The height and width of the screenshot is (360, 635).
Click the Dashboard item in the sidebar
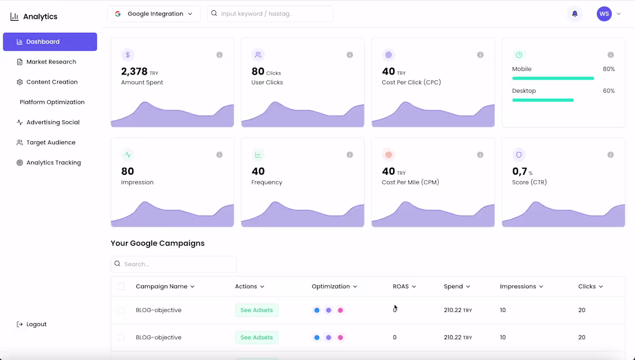[x=50, y=42]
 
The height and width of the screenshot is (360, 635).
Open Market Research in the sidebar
[x=51, y=62]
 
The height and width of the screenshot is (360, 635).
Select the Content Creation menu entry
[x=51, y=82]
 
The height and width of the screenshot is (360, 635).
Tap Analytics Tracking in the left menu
[x=53, y=163]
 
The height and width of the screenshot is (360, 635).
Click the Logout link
[x=36, y=324]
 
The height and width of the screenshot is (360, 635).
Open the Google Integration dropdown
[x=154, y=14]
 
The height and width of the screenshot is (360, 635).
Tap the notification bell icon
[x=574, y=14]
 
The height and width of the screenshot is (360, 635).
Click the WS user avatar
[x=604, y=14]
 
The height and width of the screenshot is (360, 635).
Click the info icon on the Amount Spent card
[x=219, y=55]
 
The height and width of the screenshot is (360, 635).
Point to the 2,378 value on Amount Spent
[x=134, y=72]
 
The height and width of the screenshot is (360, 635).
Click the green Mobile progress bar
[x=552, y=78]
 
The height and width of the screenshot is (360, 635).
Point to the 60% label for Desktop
[x=608, y=91]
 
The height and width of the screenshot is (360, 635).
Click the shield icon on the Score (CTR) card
[x=518, y=155]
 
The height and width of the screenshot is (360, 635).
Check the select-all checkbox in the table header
[x=121, y=287]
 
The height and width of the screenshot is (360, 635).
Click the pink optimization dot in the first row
[x=341, y=310]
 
